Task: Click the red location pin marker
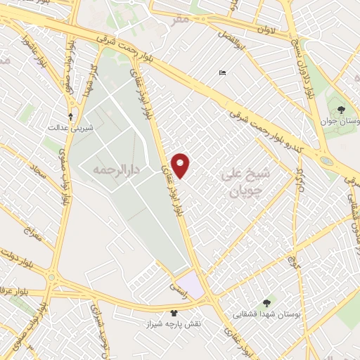pos(181,165)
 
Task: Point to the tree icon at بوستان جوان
pos(341,110)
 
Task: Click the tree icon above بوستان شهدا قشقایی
pos(266,303)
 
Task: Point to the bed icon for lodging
pos(223,74)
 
